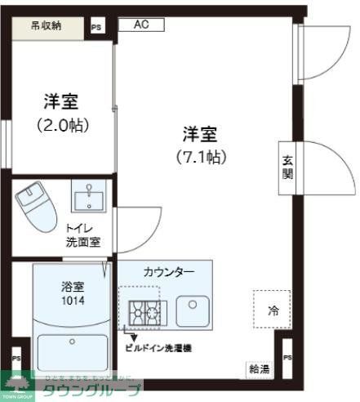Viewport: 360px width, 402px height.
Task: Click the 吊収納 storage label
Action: point(47,25)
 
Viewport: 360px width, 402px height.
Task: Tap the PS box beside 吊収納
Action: point(97,28)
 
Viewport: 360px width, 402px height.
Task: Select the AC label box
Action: point(141,25)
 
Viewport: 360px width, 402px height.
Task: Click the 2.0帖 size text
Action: point(63,125)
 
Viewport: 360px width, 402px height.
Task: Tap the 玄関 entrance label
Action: point(287,167)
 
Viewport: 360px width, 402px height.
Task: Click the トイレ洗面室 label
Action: point(82,236)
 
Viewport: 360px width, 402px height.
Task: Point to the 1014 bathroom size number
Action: point(72,300)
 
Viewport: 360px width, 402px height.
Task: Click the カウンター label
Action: point(168,272)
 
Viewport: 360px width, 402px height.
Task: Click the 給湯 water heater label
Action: point(259,369)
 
